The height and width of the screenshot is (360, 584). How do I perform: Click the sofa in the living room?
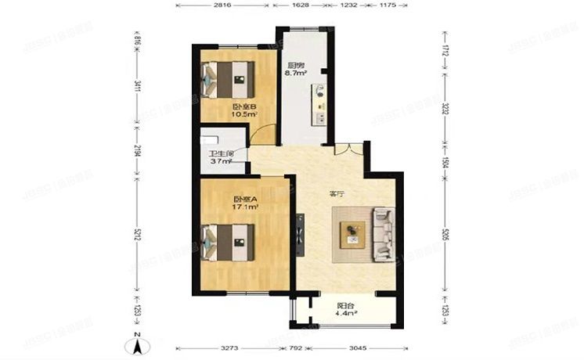point(383,233)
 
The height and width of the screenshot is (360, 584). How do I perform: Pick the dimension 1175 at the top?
point(386,5)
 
